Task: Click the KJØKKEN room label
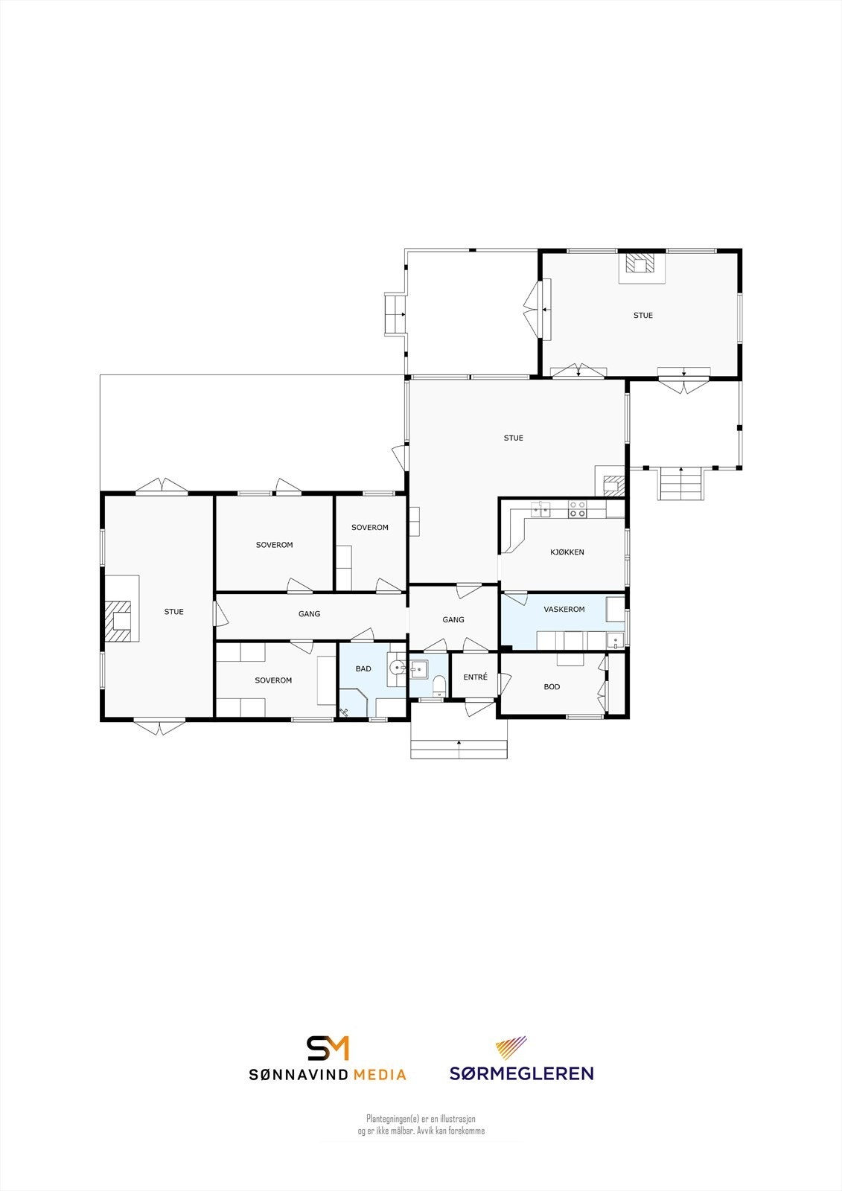pos(567,552)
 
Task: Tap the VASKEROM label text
pos(564,609)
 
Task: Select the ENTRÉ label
pos(475,677)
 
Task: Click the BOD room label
pos(552,686)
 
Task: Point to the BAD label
pos(363,668)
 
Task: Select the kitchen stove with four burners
pos(577,509)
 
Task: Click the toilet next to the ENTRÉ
pos(438,684)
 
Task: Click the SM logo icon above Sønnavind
pos(328,1047)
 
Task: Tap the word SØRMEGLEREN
pos(521,1073)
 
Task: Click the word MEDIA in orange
pos(380,1074)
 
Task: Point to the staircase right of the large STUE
pos(680,484)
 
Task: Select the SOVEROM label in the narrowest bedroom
pos(370,527)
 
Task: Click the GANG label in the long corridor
pos(309,614)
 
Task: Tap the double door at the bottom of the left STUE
pos(159,726)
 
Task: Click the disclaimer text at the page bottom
pos(421,1125)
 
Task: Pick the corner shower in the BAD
pos(354,702)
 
